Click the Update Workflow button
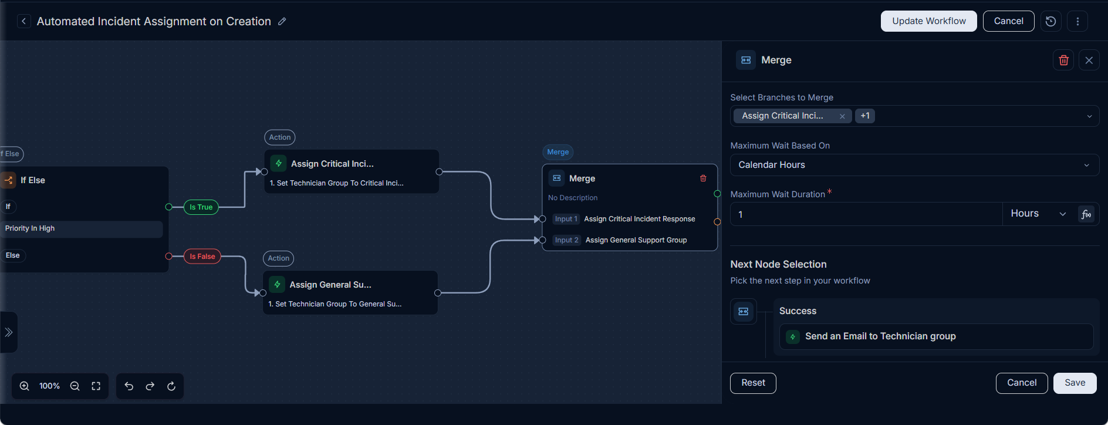[928, 21]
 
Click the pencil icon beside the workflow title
[282, 21]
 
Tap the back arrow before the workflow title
[23, 21]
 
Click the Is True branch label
[201, 207]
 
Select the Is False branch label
[202, 257]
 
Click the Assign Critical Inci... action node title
[332, 164]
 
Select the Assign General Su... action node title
[330, 285]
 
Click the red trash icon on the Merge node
[703, 178]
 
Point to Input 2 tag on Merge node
[567, 240]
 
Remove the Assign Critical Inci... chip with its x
[842, 116]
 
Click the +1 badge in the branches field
[865, 116]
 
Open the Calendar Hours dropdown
[914, 165]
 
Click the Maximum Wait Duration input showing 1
[866, 214]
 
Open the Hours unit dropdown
[1038, 214]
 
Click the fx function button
[1086, 214]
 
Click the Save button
[1075, 383]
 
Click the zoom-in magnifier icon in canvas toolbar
[25, 386]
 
